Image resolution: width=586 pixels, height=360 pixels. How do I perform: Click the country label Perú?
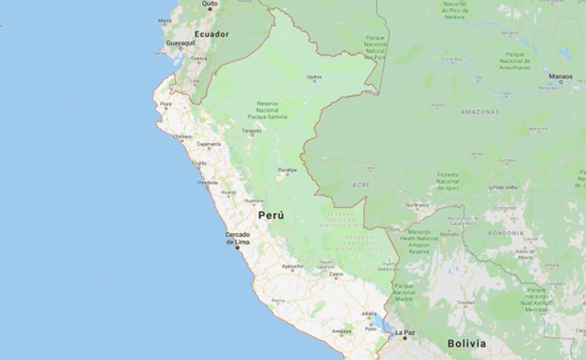pos(271,216)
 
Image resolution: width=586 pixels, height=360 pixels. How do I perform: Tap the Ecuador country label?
pos(211,34)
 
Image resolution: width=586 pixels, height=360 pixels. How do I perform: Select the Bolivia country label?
pos(466,343)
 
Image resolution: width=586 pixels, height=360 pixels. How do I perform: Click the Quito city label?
pos(210,3)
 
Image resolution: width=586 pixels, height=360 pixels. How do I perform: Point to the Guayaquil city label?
pos(180,43)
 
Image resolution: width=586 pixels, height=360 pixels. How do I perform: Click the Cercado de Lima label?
pos(238,238)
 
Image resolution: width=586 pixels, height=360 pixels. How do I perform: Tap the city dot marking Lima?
pos(238,247)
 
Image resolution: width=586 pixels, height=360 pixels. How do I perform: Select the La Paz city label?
pos(404,332)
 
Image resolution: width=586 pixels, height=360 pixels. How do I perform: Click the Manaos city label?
pos(560,76)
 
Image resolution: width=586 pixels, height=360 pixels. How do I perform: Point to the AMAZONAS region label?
pos(479,112)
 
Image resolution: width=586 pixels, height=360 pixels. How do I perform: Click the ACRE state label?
pos(361,185)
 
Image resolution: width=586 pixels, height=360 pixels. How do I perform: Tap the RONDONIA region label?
pos(506,234)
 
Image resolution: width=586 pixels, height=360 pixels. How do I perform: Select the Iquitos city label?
pos(314,76)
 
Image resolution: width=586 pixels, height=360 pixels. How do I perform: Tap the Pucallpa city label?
pos(288,170)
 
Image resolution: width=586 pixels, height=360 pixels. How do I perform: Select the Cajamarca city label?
pos(209,144)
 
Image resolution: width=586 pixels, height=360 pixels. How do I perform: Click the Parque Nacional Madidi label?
pos(404,292)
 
